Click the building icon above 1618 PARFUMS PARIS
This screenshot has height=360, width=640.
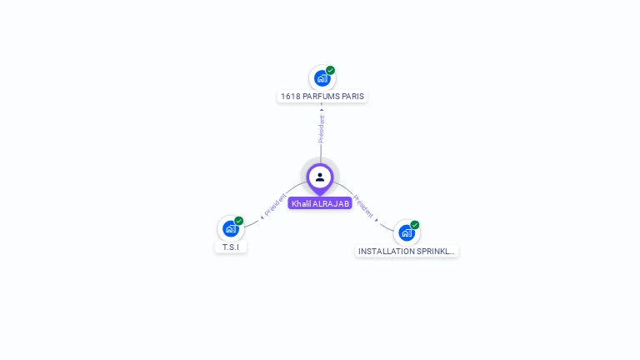(x=322, y=78)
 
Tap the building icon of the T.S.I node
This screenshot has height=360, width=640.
(x=230, y=229)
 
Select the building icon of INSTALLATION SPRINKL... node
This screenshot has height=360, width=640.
(x=406, y=232)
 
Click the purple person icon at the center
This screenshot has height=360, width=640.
(x=320, y=177)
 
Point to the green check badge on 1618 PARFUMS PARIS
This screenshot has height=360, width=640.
(x=331, y=71)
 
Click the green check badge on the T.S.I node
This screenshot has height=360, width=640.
(x=239, y=222)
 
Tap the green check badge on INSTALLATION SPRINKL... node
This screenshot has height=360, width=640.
(x=415, y=225)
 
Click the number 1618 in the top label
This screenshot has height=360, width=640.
(x=290, y=97)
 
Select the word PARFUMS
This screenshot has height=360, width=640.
(x=321, y=97)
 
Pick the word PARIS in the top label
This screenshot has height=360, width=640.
(x=353, y=97)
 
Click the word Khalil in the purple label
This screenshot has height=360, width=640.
(x=301, y=204)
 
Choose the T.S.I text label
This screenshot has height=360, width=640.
(x=231, y=247)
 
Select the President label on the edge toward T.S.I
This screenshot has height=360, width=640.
(x=276, y=205)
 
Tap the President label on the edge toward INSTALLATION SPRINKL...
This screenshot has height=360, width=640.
(x=363, y=207)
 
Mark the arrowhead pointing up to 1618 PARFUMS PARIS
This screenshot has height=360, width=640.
(x=322, y=109)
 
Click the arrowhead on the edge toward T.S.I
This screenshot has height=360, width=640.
(x=262, y=217)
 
